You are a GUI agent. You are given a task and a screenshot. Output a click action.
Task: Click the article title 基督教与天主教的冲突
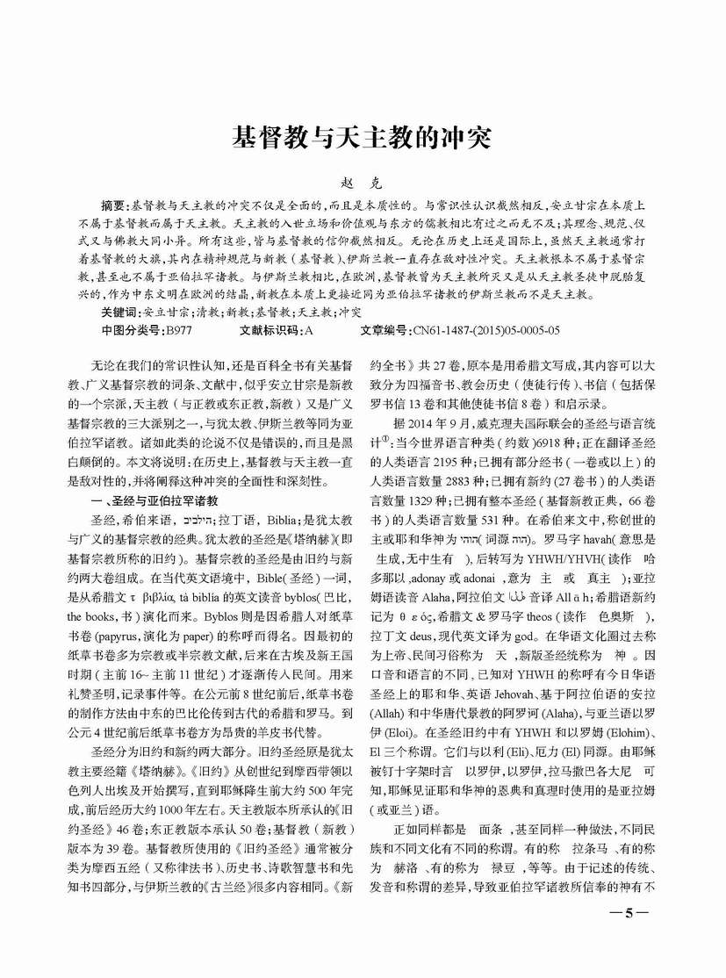click(x=361, y=138)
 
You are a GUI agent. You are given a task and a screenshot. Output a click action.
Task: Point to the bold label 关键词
click(x=119, y=312)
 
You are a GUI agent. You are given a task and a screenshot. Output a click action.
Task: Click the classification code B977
click(x=179, y=330)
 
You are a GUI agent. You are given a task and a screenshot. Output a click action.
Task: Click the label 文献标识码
click(x=270, y=330)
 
